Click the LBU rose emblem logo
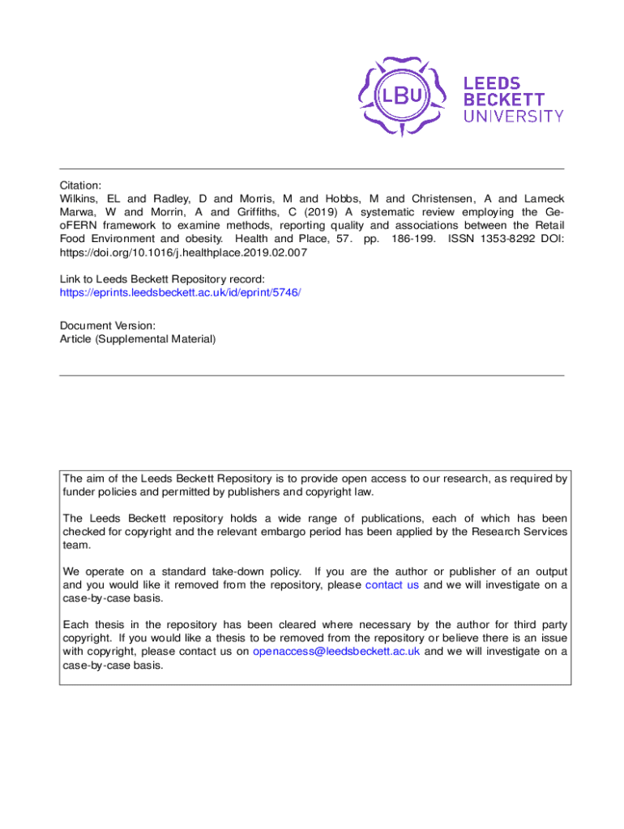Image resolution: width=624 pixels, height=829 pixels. pos(402,96)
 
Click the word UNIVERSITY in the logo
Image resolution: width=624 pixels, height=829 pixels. pos(513,116)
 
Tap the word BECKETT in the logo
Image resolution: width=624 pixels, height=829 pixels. pos(503,99)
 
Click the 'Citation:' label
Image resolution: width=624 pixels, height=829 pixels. pos(81,185)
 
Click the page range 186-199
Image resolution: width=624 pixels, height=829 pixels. pos(412,239)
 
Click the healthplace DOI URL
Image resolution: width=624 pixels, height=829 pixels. pos(183,253)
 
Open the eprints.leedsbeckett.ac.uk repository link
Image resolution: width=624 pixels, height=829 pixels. pos(180,291)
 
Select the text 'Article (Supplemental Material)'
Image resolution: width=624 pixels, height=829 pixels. pos(138,338)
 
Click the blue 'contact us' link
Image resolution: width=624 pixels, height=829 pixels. pos(392,585)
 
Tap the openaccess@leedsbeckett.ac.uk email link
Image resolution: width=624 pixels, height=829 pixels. pos(336,652)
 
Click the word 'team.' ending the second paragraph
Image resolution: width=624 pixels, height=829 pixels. pos(76,545)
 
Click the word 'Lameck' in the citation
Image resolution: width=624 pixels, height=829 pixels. pos(544,198)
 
